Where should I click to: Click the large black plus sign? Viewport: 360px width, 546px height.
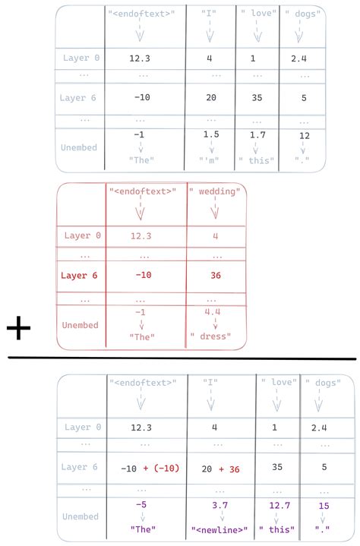[x=18, y=329]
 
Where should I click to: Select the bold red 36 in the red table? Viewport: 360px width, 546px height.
[x=216, y=275]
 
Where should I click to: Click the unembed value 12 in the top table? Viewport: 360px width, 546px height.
[x=305, y=136]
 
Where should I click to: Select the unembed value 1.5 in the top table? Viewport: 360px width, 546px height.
[x=212, y=134]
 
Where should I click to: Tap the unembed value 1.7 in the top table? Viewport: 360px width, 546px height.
[x=257, y=134]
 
